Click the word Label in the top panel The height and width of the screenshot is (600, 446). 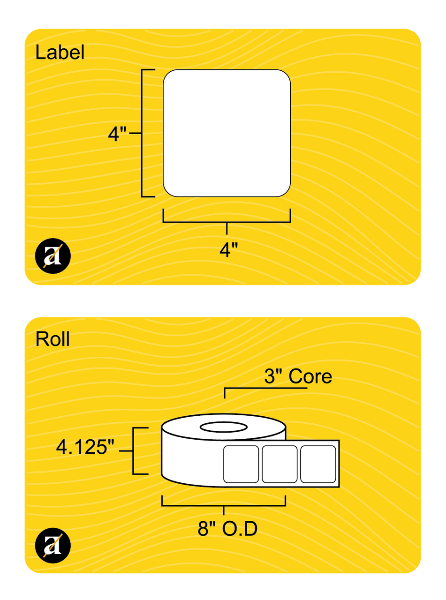pos(60,53)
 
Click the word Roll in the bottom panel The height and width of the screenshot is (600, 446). pos(53,339)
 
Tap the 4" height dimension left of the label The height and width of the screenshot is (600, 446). pos(117,134)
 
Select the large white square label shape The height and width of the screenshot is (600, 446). pos(227,133)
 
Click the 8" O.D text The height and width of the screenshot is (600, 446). pos(227,530)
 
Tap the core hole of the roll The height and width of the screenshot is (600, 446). pos(223,427)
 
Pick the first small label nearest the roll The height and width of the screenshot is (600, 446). pos(241,464)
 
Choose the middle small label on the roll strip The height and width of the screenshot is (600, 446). pos(280,464)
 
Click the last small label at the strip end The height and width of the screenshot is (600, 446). pos(317,464)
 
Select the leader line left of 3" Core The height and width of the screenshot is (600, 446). pos(244,389)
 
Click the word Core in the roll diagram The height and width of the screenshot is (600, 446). pos(310,376)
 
